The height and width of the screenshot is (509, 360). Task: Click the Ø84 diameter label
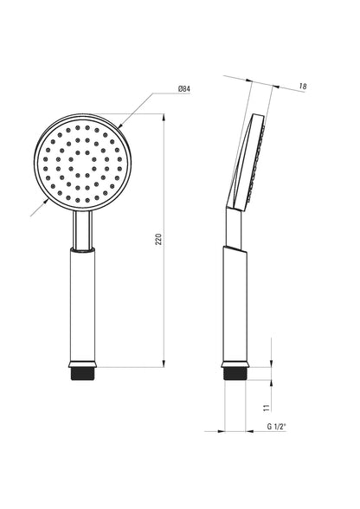[184, 88]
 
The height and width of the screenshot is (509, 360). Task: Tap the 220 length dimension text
[158, 239]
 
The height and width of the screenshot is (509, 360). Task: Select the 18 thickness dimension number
[303, 87]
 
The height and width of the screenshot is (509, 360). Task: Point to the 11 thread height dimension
[267, 408]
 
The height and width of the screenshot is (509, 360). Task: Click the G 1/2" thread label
[276, 427]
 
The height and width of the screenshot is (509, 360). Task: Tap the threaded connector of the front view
[83, 374]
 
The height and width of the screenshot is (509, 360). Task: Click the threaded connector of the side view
[235, 374]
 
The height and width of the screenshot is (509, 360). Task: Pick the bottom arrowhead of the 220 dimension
[164, 364]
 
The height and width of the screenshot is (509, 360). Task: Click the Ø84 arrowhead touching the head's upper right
[120, 125]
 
